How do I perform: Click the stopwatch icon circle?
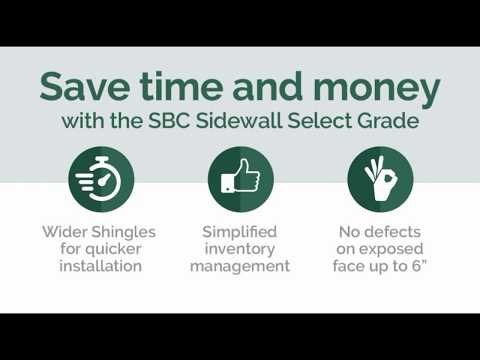pyautogui.click(x=100, y=179)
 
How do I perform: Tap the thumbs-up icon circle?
pyautogui.click(x=240, y=179)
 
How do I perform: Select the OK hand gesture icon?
pyautogui.click(x=380, y=179)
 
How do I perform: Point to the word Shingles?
pyautogui.click(x=126, y=230)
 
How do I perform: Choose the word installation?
pyautogui.click(x=100, y=266)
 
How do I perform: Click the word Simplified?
pyautogui.click(x=240, y=230)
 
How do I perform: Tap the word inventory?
pyautogui.click(x=240, y=248)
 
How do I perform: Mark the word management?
pyautogui.click(x=240, y=266)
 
